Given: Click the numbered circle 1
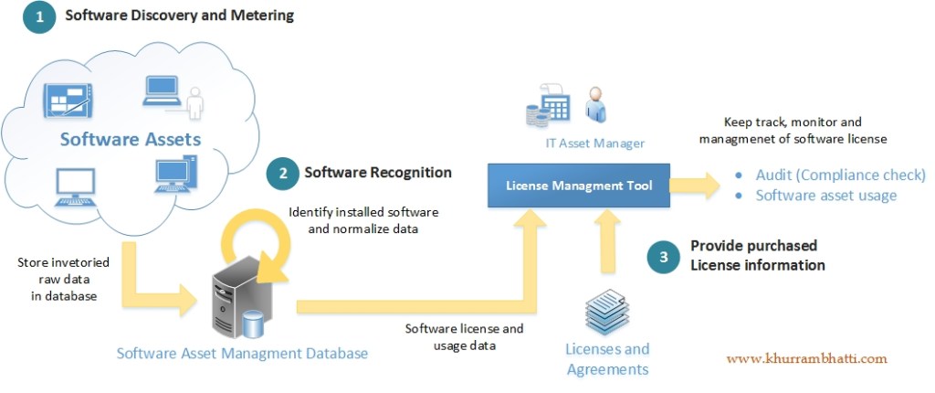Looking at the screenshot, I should (x=39, y=17).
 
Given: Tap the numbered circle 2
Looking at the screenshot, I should (x=281, y=173).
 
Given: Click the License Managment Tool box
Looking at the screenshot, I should (x=580, y=186).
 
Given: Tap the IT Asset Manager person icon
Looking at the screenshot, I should (x=595, y=105).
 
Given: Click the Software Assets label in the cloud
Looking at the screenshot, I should (x=131, y=140).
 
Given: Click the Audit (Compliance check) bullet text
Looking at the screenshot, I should (x=840, y=175).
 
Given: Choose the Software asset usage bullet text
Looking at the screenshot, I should (x=825, y=196).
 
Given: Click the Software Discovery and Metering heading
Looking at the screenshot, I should (x=180, y=16).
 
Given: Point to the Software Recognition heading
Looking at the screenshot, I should (x=378, y=172).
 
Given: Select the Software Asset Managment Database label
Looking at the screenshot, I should (x=242, y=353).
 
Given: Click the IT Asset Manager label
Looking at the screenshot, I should (x=591, y=143).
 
